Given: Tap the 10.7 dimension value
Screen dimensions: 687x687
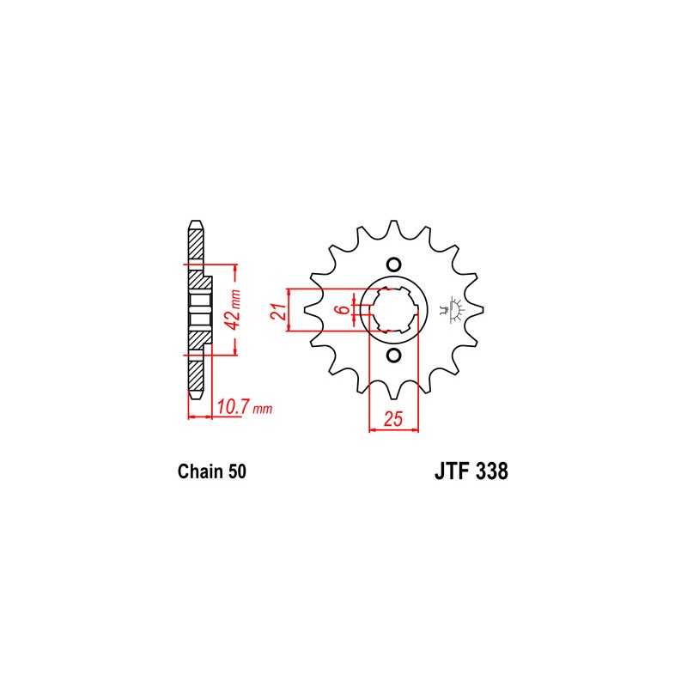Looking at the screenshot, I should click(x=233, y=408).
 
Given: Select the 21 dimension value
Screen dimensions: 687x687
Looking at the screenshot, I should click(x=277, y=311).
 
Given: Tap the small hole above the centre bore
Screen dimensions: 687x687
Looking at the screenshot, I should click(x=393, y=264).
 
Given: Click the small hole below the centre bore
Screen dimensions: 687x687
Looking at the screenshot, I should click(x=393, y=356).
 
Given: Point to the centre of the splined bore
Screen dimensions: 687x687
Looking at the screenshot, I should click(x=393, y=310).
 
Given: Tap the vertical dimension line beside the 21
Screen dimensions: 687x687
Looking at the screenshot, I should click(x=292, y=310).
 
